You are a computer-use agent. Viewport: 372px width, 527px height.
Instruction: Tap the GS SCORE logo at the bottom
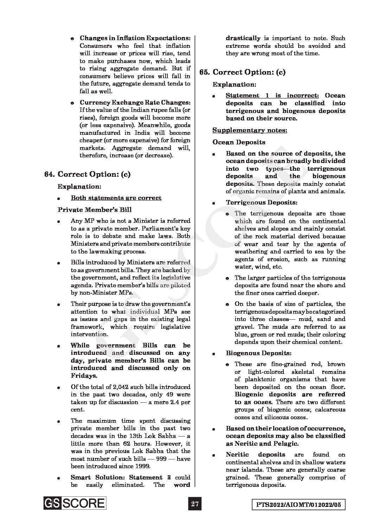75,503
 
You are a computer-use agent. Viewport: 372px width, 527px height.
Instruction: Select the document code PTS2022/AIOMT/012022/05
299,505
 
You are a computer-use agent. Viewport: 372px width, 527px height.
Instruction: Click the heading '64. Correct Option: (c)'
88,174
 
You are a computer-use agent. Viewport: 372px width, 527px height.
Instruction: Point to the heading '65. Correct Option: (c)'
242,72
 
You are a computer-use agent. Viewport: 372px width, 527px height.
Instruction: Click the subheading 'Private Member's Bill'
94,210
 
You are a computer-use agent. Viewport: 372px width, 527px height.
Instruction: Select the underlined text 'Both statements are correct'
116,198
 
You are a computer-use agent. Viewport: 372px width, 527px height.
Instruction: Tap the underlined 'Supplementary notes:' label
250,130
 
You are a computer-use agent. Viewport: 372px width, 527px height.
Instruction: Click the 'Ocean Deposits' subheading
239,142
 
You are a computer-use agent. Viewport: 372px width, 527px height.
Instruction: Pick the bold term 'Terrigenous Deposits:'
261,202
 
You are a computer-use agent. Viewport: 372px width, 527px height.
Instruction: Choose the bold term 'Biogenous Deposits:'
258,353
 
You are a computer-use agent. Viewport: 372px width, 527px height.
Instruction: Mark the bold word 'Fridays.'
84,376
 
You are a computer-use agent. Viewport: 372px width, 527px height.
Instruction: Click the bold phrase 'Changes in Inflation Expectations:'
135,38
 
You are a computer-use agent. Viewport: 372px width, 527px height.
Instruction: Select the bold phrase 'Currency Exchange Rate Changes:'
135,102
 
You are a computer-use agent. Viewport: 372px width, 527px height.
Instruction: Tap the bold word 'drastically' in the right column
243,38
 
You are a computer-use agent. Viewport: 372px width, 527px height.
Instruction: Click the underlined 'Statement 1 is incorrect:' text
272,95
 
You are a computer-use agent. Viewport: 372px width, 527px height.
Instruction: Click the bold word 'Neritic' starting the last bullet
237,454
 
